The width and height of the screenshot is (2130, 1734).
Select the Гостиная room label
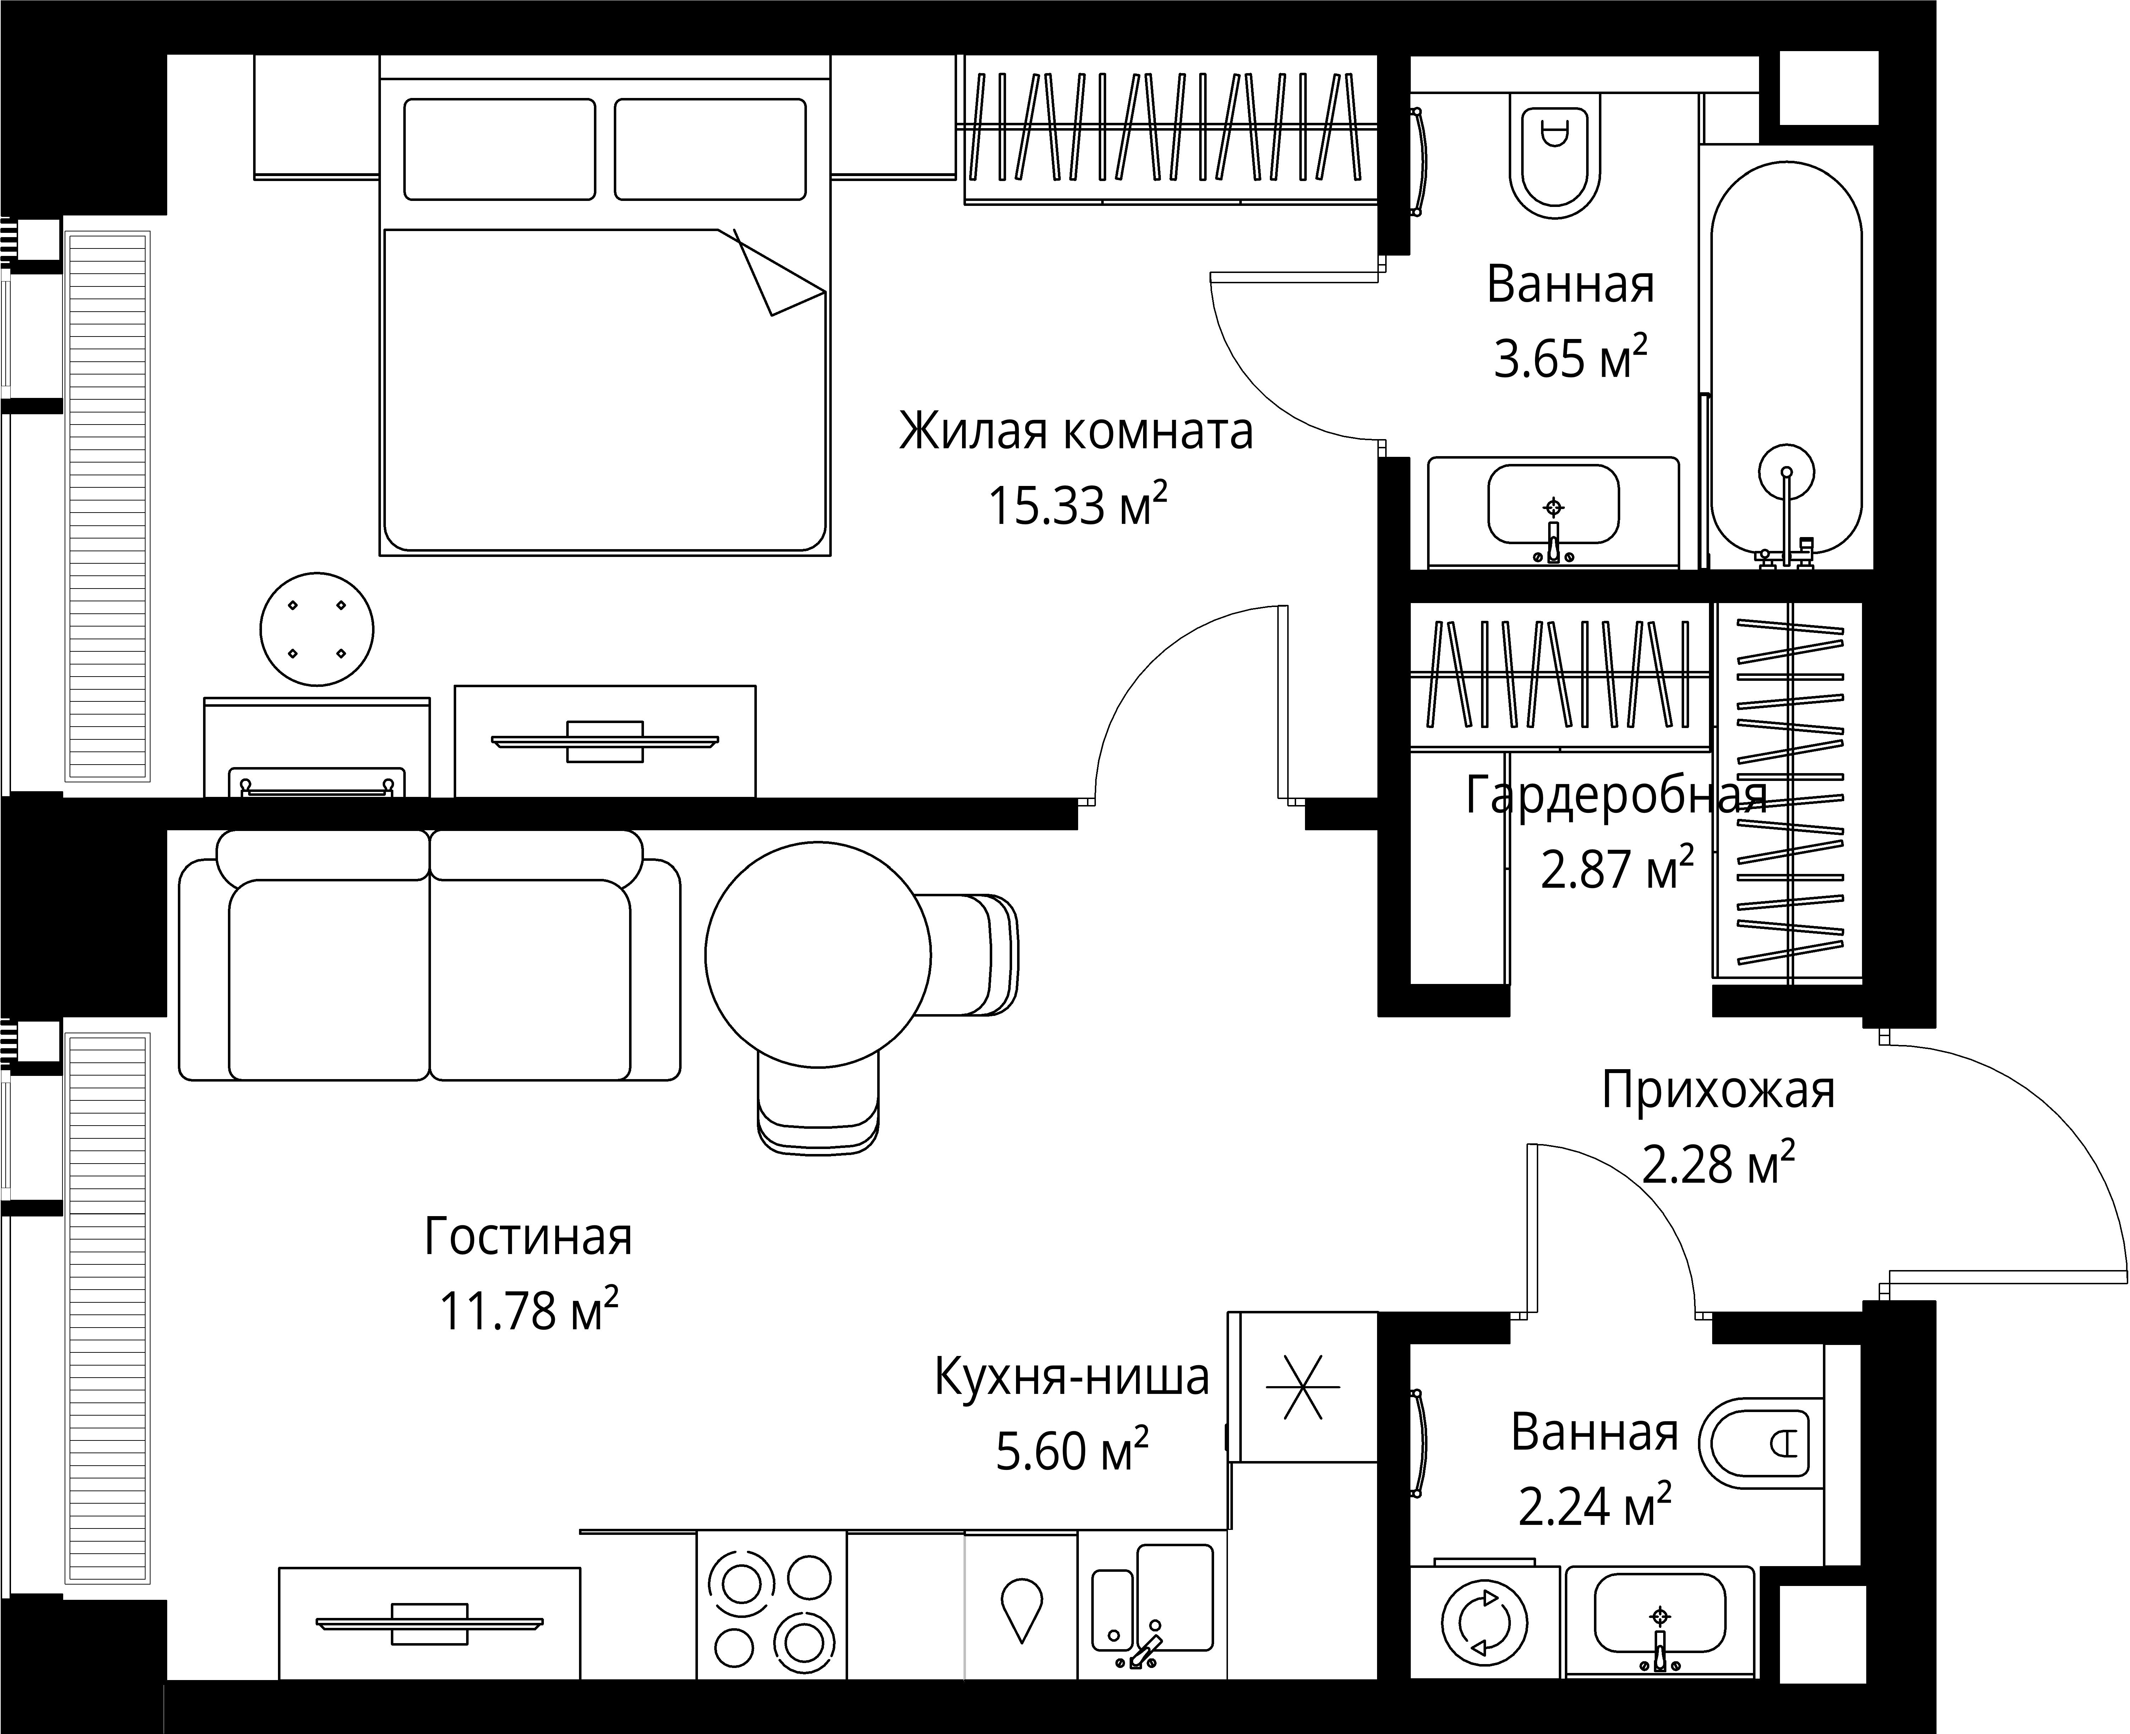(x=529, y=1237)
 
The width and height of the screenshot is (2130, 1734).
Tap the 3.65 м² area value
(x=1569, y=357)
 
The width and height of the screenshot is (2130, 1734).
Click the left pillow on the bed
(x=499, y=149)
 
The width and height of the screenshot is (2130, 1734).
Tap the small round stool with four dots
(x=317, y=629)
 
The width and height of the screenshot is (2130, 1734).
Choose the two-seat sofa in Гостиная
(x=430, y=956)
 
